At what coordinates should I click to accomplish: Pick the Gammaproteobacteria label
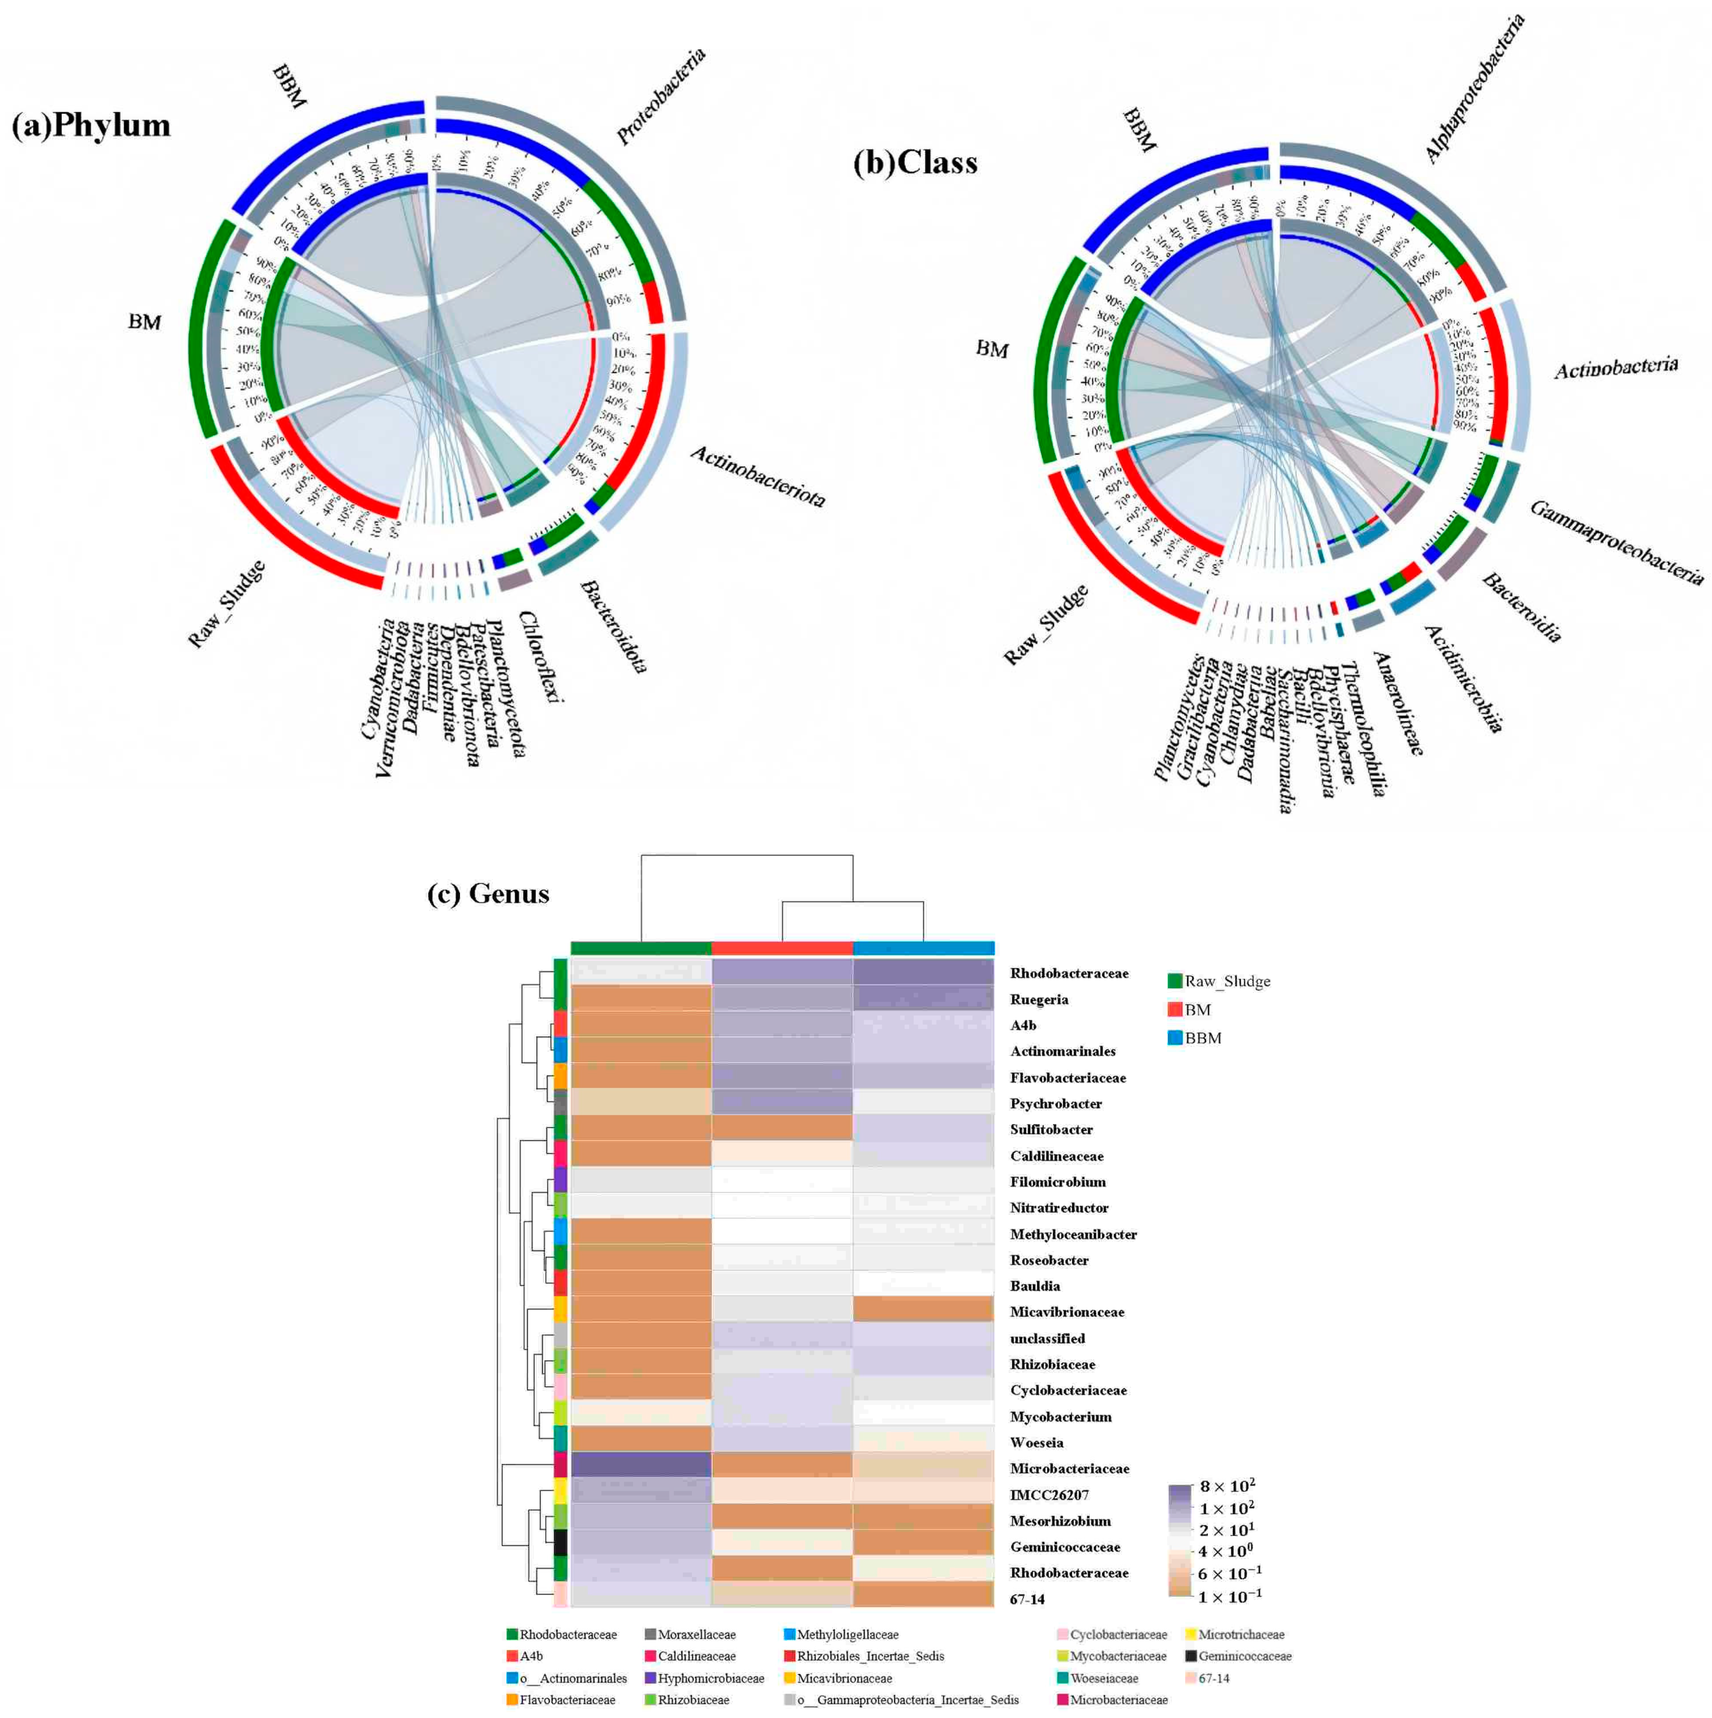[x=1616, y=542]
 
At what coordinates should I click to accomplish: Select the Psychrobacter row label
[x=1055, y=1104]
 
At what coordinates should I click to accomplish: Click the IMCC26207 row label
[x=1049, y=1495]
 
